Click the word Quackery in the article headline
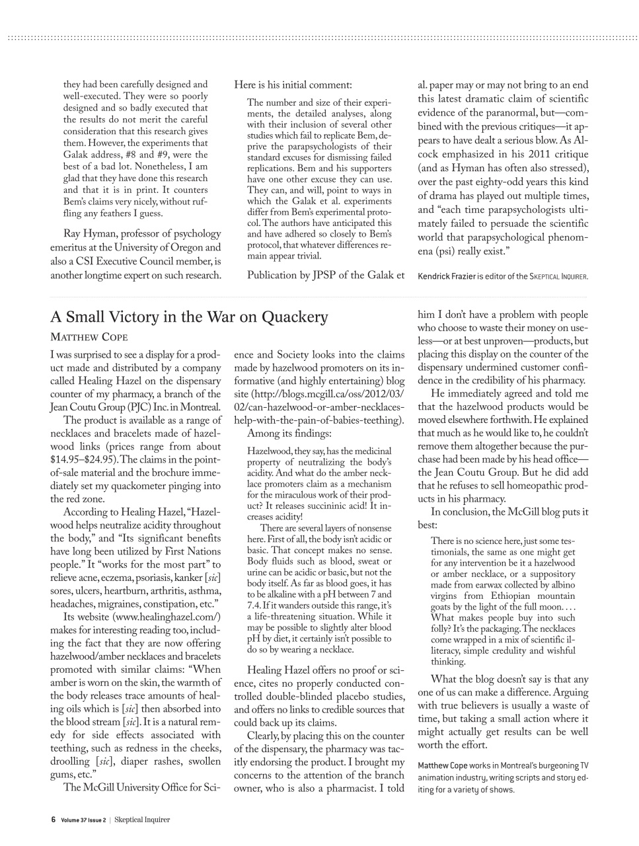[294, 317]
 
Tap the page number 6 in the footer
[53, 820]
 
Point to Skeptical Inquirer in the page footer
[142, 820]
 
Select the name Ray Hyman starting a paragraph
[87, 233]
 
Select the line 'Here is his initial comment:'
[293, 85]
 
